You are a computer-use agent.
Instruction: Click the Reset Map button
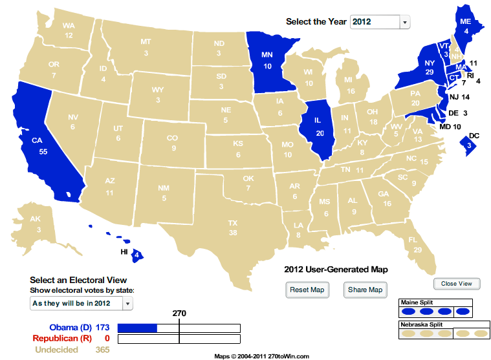click(x=307, y=290)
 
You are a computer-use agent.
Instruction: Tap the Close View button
click(x=457, y=284)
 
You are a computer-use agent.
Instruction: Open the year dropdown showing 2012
click(x=380, y=22)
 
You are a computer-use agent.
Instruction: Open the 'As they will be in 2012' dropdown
click(x=81, y=303)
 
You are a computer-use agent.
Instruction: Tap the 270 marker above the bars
click(x=179, y=313)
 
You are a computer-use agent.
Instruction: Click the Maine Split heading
click(x=418, y=302)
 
